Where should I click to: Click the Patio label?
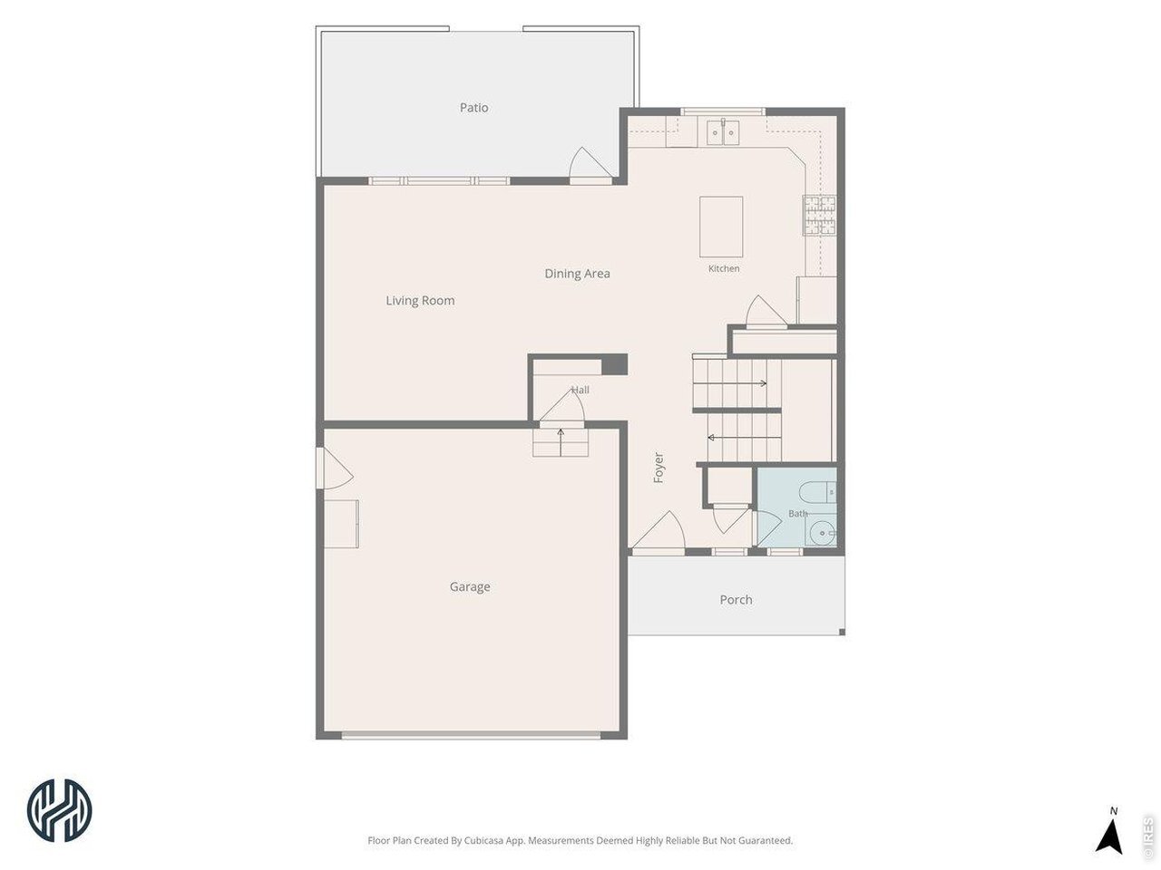click(x=473, y=108)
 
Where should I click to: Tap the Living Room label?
click(x=420, y=301)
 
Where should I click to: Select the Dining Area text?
click(x=577, y=274)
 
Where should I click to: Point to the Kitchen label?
click(x=724, y=268)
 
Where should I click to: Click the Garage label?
click(x=470, y=587)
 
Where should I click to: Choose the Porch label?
click(x=736, y=600)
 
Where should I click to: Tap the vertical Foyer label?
click(x=659, y=468)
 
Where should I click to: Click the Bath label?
click(x=797, y=514)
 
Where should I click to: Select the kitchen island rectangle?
click(x=721, y=227)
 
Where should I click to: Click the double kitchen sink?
click(x=723, y=132)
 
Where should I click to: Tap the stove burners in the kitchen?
click(x=819, y=215)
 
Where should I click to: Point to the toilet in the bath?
click(x=816, y=492)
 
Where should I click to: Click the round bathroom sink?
click(x=822, y=533)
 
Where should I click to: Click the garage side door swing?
click(x=335, y=469)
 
